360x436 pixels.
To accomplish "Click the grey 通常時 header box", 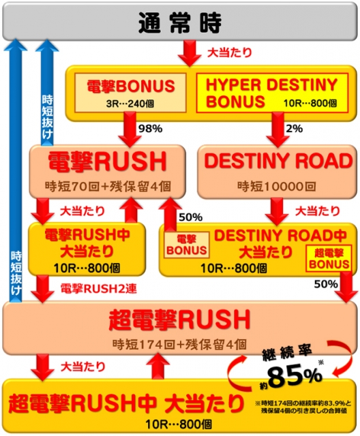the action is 180,22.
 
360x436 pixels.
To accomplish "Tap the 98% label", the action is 150,129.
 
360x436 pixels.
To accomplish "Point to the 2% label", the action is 294,129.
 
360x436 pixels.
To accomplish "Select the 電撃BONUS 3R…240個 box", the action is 130,93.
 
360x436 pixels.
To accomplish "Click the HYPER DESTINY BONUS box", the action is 272,93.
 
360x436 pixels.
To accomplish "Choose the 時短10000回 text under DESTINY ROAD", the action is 277,186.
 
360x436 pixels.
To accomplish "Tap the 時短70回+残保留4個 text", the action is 108,186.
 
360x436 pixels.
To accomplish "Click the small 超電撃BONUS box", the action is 329,258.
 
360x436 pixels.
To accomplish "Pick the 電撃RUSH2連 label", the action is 98,289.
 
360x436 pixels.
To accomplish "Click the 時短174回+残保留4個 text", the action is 179,345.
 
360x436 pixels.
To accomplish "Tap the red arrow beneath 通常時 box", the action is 190,53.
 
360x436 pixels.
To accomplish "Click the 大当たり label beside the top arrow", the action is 230,52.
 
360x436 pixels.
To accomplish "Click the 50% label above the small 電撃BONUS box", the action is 191,217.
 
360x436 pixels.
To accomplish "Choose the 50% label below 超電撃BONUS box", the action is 326,284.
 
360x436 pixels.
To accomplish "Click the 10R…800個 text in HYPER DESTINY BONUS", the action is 310,104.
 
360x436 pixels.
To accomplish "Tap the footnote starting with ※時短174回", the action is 303,407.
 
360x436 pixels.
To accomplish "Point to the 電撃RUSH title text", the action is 108,161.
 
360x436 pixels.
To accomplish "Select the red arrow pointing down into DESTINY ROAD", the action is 277,130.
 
